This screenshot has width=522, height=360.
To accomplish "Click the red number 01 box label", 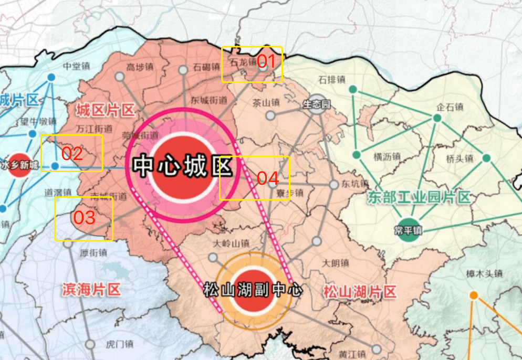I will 266,62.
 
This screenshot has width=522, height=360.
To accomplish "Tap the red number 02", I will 72,154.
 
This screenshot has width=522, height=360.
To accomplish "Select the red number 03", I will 84,218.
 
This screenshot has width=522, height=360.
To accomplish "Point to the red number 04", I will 267,177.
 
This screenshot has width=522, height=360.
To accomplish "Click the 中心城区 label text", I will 182,167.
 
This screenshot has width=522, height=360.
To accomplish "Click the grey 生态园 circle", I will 316,104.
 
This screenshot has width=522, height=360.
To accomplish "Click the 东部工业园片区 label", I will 418,197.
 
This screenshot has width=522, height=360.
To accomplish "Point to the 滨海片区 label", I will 91,290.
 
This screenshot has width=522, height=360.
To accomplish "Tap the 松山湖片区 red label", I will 359,292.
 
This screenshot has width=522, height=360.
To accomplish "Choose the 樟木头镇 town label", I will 484,273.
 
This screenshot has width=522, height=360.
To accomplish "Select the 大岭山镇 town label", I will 231,243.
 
